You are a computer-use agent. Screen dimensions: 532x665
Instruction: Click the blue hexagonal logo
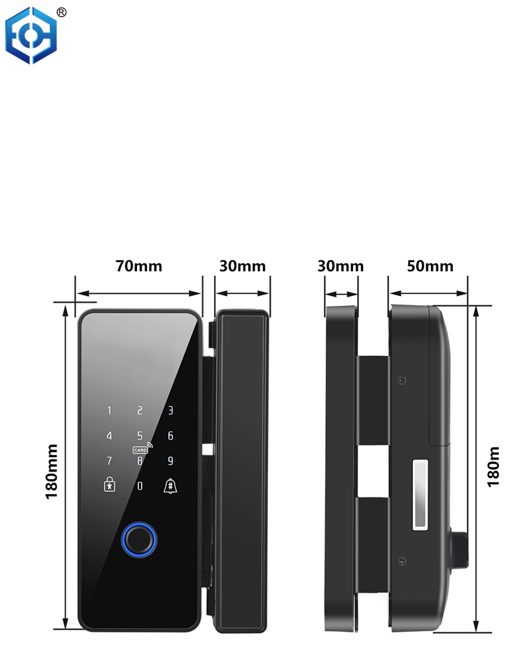pos(31,36)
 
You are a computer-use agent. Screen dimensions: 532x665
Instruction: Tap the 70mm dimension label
pos(139,267)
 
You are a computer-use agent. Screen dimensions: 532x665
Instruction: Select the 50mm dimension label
pos(430,267)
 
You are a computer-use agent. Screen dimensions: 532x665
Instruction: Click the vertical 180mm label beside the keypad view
pos(52,471)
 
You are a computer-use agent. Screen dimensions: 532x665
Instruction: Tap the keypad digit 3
pos(170,410)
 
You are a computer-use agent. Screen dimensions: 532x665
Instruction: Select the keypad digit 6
pos(170,436)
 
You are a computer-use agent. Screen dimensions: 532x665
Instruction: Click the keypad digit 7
pos(110,461)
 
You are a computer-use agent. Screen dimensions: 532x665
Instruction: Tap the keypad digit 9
pos(170,461)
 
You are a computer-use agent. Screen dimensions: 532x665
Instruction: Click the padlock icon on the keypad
pos(110,484)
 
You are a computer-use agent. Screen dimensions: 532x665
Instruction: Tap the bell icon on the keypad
pos(170,485)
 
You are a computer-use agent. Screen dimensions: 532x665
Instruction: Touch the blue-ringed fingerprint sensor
pos(139,540)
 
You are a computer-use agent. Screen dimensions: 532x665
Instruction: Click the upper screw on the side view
pos(402,380)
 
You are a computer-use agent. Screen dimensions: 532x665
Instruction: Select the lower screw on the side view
pos(402,561)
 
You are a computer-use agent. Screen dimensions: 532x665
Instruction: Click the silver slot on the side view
pos(420,495)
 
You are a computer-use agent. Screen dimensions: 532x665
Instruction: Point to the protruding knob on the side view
pos(460,549)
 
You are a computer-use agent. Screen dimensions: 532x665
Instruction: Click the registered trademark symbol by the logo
pos(62,13)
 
